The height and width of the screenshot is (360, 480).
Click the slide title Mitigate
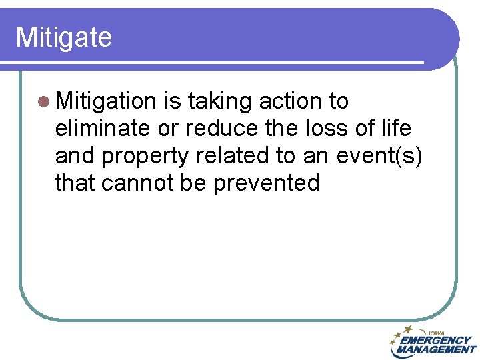click(63, 37)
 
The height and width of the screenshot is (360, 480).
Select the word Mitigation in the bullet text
click(106, 101)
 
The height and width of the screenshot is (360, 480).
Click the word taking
click(220, 101)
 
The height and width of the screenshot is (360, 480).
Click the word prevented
click(266, 182)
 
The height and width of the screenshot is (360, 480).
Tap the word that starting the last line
click(75, 182)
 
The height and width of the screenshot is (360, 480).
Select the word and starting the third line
click(75, 155)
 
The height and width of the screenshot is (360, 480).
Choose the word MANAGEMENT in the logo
click(436, 349)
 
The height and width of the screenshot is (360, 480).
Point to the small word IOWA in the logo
click(437, 332)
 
